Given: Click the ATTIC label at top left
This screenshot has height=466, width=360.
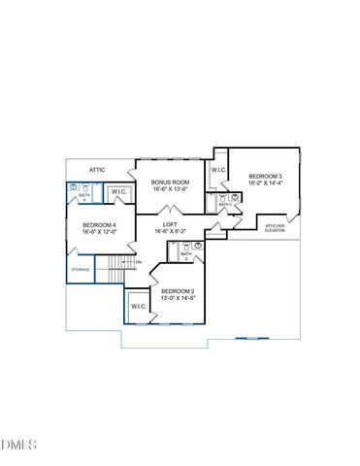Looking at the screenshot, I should coord(97,170).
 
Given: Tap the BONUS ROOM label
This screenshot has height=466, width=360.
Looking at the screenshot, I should coord(171,182).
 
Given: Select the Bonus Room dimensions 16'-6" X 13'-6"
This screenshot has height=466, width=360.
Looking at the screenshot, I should coord(171,189).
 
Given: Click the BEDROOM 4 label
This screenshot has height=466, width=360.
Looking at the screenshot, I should coord(85,224).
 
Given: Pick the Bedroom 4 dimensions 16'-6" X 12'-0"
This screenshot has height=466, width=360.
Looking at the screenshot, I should coord(85,232).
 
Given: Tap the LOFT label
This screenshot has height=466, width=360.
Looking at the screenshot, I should coord(170,225).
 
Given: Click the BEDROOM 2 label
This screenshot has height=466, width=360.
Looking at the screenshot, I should coord(179,291).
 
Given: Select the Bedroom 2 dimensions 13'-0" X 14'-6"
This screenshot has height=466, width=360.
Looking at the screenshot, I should coord(179,299).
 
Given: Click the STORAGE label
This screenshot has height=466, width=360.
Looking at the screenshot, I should coord(80,270).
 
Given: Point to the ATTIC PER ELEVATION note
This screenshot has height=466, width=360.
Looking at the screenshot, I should coord(276,228).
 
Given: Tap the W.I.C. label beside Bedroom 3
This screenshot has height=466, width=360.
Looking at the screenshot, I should coord(218,170).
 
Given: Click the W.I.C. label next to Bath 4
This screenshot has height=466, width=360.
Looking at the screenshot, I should coord(118,192).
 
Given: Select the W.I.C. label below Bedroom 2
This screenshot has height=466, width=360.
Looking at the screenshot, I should coord(137,307).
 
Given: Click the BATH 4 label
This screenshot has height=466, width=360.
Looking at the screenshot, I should coord(83,197).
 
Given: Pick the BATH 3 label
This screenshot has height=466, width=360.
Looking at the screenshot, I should coord(224,205).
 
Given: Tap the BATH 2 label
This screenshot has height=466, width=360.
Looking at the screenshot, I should coord(185,255).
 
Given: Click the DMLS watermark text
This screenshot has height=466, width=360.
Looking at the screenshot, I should coord(19,445).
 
